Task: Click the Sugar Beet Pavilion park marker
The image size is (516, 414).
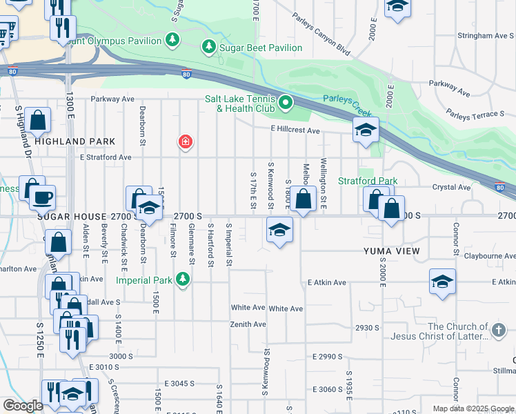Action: pos(208,47)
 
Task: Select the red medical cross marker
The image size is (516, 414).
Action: pos(185,142)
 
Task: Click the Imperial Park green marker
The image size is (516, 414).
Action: pos(182,279)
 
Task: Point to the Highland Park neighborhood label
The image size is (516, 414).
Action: pos(75,141)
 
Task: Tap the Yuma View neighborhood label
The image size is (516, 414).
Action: pos(391,251)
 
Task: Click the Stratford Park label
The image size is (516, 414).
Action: pos(368,181)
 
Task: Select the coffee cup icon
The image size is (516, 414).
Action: pos(42,197)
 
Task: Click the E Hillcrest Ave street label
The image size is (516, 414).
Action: pos(295,130)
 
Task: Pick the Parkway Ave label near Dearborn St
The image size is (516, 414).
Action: pos(112,99)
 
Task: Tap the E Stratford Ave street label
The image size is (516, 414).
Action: pos(106,157)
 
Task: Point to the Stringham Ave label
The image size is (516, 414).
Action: pos(485,35)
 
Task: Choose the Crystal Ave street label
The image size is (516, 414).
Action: pos(451,187)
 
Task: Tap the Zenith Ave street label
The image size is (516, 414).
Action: pos(248,324)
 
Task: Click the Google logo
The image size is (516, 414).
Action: pos(23,406)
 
